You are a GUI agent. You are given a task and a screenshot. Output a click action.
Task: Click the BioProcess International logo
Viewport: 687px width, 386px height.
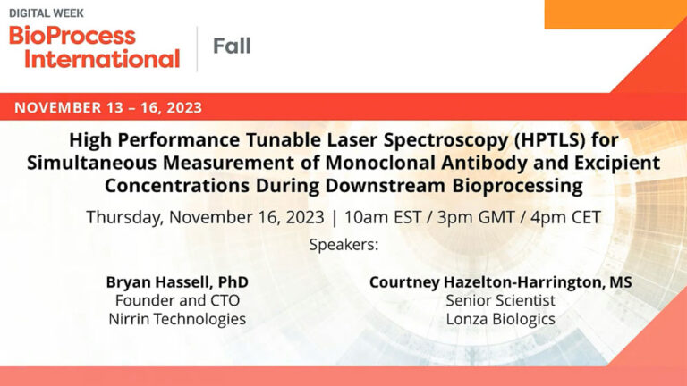point(94,46)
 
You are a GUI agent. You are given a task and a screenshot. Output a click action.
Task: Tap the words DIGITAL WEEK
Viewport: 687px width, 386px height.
point(46,13)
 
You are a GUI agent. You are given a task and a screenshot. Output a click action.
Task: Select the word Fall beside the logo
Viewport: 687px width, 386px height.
point(232,46)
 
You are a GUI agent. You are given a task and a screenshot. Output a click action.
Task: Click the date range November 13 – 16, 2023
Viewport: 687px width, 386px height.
point(108,107)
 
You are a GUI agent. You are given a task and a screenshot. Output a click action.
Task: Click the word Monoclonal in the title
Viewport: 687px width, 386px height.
point(380,163)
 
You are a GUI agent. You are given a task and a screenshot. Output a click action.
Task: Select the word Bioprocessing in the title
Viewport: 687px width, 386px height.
point(517,186)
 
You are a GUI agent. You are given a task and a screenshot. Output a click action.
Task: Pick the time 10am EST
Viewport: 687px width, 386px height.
point(383,217)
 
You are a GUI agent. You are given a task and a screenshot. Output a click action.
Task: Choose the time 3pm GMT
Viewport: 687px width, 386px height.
point(475,217)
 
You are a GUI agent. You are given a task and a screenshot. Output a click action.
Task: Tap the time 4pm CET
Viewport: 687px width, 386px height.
point(565,217)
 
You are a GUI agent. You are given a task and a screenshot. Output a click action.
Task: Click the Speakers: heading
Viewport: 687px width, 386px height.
point(343,244)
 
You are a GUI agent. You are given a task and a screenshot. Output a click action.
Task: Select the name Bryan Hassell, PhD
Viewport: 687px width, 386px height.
point(177,282)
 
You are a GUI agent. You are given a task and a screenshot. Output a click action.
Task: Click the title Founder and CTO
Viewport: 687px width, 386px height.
point(177,300)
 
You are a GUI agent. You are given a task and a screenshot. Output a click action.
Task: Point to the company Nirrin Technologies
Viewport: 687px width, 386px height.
point(177,319)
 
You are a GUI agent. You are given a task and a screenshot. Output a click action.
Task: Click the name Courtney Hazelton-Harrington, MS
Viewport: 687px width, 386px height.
point(500,282)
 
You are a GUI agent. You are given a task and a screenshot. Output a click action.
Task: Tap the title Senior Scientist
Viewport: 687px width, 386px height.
point(500,300)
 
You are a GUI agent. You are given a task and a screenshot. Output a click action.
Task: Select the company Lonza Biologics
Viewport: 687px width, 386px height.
point(500,319)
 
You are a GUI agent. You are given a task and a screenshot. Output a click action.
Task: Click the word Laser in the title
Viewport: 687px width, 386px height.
point(352,140)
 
